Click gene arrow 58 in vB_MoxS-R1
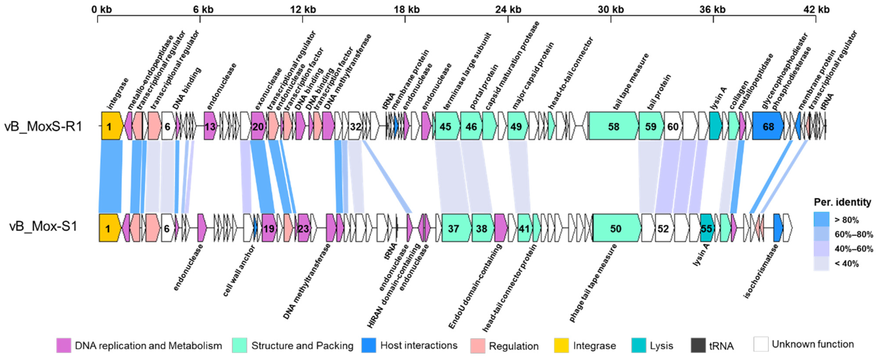614,127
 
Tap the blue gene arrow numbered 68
768,127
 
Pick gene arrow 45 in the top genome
446,127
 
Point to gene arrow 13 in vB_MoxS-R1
210,127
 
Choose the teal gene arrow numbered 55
706,228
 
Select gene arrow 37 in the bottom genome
454,228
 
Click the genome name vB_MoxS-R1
43,127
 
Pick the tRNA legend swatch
698,345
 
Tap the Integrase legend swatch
561,345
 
